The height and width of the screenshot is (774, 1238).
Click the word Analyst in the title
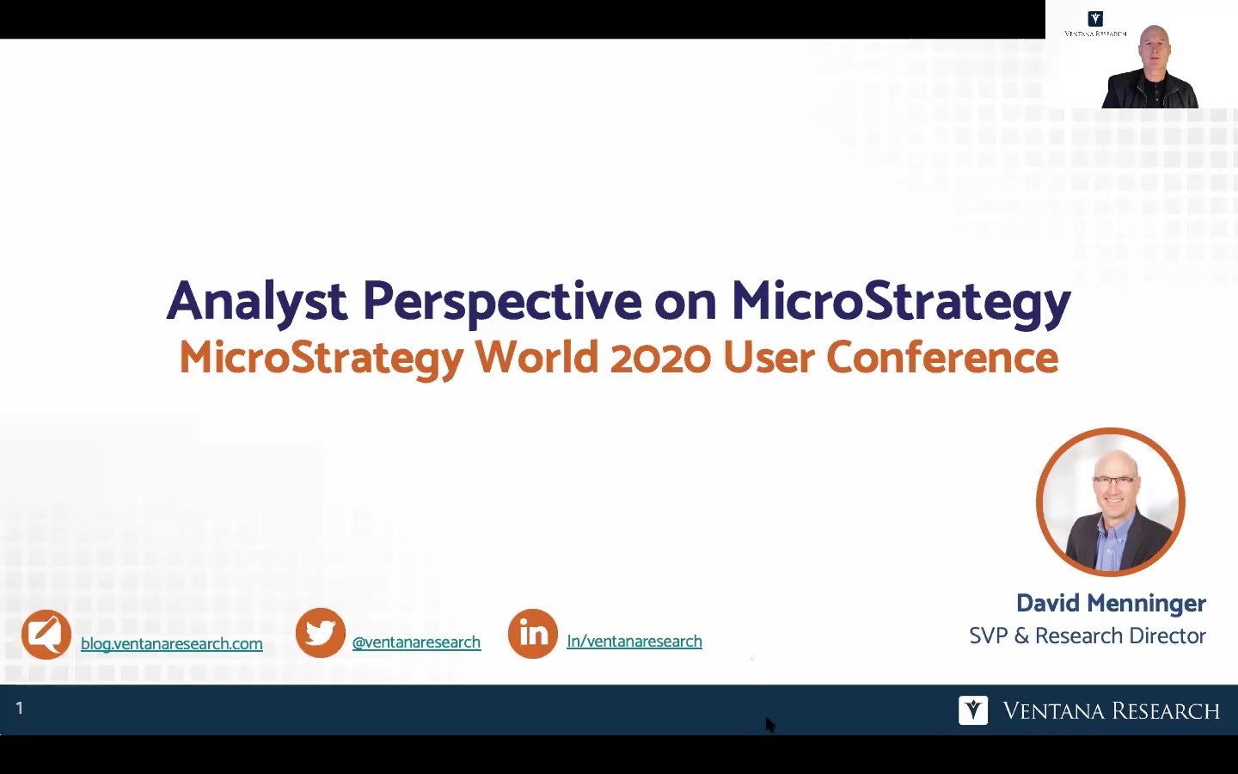point(257,302)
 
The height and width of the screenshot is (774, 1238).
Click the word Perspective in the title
point(502,303)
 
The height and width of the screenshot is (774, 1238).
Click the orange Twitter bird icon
point(321,632)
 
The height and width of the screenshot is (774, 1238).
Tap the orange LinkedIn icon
point(533,634)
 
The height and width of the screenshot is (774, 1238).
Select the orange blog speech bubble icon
point(46,634)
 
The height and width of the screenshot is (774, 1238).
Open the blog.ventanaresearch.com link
point(171,643)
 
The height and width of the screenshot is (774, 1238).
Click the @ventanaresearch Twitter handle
point(416,642)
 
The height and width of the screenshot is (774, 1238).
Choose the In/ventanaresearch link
point(634,642)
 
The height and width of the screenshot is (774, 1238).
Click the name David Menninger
point(1111,603)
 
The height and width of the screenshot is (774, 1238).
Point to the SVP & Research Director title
point(1087,636)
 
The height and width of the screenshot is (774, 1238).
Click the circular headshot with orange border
point(1111,502)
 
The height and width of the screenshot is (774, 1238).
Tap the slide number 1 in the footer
point(20,708)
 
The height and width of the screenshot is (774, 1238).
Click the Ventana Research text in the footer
point(1111,711)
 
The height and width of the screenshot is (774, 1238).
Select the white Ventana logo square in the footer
point(973,710)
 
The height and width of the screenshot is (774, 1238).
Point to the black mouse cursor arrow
point(770,725)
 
